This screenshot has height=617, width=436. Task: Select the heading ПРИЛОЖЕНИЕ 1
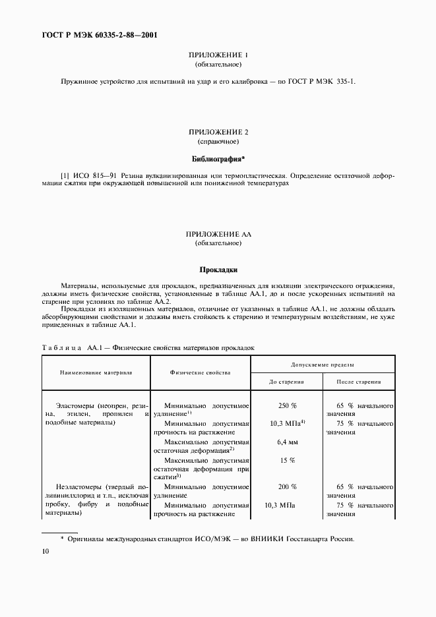(x=218, y=56)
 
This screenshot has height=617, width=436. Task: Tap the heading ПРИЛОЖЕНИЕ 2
(x=218, y=132)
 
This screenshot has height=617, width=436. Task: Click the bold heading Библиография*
(x=218, y=159)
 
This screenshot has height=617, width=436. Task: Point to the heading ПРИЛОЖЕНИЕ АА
(x=218, y=235)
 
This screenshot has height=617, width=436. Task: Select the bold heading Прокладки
(x=218, y=269)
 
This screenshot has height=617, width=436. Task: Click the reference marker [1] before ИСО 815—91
(x=65, y=176)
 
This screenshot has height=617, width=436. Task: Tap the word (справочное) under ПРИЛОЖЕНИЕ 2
(x=218, y=142)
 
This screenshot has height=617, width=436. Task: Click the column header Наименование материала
(x=96, y=372)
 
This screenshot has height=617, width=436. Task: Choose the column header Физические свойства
(x=200, y=372)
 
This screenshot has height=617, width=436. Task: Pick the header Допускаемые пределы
(x=323, y=364)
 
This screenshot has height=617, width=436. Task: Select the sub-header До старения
(x=287, y=382)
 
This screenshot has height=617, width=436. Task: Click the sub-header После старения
(x=358, y=382)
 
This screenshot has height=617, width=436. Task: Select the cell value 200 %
(x=287, y=486)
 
